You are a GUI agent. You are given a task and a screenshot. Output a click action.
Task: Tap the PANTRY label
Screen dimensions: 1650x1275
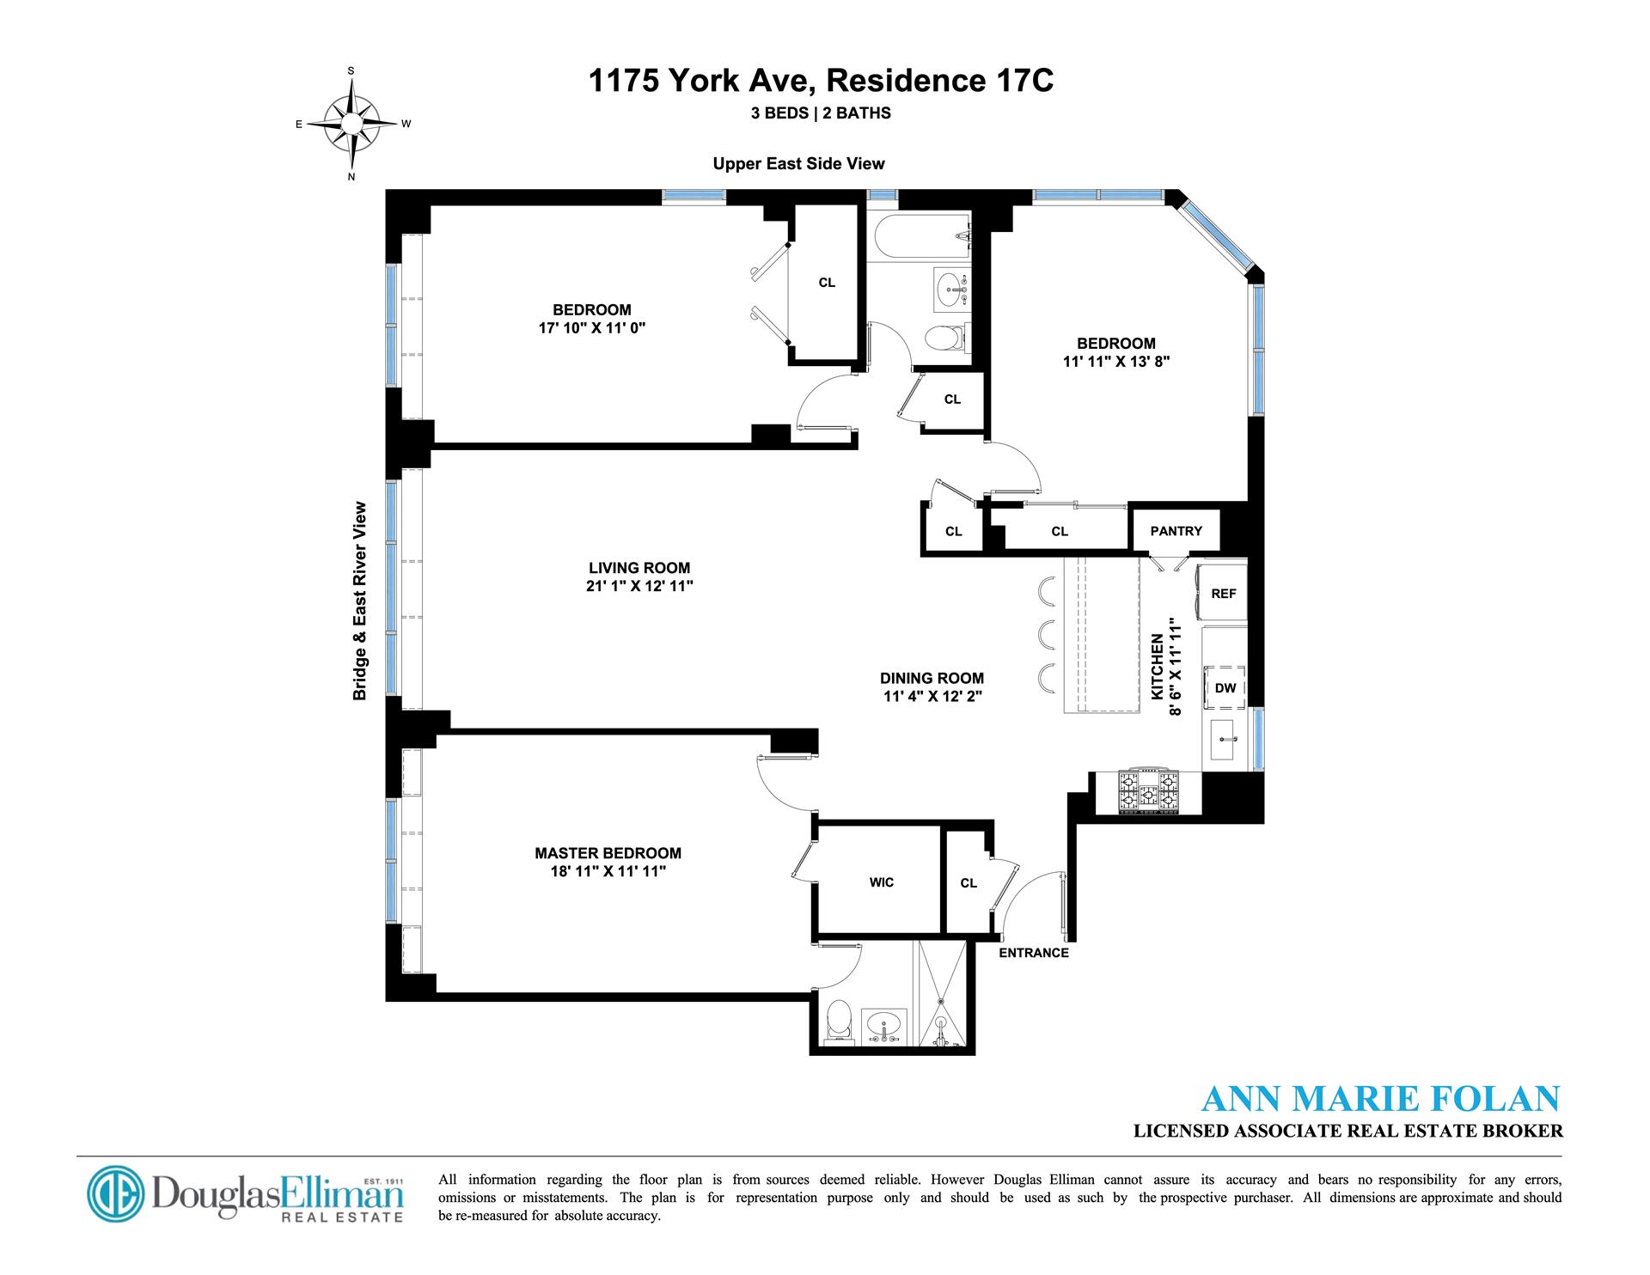(1176, 531)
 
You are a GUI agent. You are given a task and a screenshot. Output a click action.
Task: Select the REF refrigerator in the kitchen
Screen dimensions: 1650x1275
(1223, 593)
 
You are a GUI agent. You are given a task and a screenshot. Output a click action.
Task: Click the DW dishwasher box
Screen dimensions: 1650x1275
(1225, 687)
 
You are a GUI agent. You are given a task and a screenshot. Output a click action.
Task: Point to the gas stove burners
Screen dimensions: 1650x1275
(1148, 793)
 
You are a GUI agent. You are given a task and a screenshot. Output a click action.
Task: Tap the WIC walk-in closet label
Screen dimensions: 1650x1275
(881, 882)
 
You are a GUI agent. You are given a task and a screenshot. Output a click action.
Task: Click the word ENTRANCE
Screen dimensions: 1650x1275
(1034, 953)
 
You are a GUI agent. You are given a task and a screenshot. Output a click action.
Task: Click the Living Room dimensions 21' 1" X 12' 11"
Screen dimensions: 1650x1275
(639, 586)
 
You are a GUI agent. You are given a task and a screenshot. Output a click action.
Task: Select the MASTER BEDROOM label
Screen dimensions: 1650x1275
(608, 853)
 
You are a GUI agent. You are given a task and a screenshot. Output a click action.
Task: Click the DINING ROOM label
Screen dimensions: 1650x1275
(932, 678)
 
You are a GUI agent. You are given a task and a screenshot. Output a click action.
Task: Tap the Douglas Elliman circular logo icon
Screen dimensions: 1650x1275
(117, 1195)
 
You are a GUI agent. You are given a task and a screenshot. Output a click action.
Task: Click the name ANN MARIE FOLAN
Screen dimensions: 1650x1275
(1379, 1101)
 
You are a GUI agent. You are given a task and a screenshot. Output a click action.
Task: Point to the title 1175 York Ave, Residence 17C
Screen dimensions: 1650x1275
(821, 82)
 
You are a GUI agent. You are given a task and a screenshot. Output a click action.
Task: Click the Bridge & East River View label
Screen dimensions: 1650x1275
(360, 601)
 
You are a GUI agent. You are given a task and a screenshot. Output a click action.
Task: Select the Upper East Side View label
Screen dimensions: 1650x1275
(798, 163)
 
